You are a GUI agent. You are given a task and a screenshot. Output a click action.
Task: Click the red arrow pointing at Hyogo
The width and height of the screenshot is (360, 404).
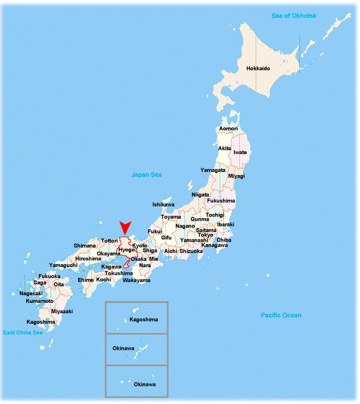[x=126, y=229]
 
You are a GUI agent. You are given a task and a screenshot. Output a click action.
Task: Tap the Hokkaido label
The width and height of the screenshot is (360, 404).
[x=258, y=69]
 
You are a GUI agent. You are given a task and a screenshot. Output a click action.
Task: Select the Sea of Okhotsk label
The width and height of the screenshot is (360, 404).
[x=294, y=16]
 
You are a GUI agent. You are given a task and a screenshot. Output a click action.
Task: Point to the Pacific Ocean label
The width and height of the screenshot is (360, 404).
[x=281, y=315]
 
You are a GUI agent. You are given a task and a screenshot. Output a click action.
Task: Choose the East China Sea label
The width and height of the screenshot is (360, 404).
[x=23, y=332]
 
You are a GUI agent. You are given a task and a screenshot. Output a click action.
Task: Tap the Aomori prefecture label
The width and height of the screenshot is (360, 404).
[x=228, y=128]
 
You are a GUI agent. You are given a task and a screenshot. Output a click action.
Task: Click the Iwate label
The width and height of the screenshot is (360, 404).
[x=240, y=153]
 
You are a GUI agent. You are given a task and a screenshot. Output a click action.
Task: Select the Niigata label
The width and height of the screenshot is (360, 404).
[x=200, y=195]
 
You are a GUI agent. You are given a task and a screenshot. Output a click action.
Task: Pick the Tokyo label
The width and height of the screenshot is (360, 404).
[x=205, y=235]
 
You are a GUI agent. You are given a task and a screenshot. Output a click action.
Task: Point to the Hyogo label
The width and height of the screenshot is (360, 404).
[x=126, y=250]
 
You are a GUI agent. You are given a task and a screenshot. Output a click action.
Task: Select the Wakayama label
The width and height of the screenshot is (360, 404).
[x=136, y=280]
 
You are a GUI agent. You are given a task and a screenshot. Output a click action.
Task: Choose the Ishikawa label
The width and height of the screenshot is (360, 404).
[x=163, y=204]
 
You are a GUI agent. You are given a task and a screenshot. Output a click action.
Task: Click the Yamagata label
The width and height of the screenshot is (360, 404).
[x=213, y=170]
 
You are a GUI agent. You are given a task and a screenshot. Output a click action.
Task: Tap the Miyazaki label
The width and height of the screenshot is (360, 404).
[x=61, y=311]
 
